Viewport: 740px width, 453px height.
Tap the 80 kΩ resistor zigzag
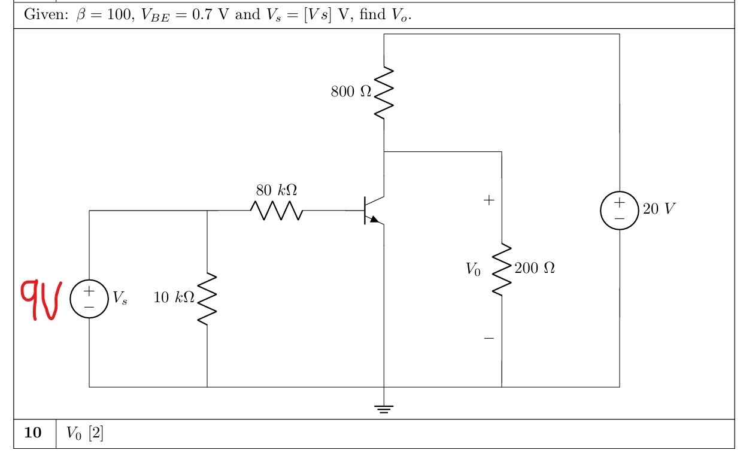[x=277, y=211]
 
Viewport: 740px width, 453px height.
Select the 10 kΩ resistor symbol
[x=207, y=299]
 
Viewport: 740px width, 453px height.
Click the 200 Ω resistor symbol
[x=501, y=269]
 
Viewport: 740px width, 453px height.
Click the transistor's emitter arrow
[x=374, y=220]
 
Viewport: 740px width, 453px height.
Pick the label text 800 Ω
[x=351, y=92]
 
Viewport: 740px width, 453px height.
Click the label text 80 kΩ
[x=277, y=190]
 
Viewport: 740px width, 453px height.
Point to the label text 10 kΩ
[x=174, y=297]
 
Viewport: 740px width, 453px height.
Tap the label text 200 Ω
[x=534, y=268]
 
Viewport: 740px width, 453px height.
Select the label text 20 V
[x=659, y=209]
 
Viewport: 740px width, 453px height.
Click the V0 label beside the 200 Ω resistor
[x=473, y=270]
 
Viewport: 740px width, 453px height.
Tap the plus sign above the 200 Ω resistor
[x=489, y=200]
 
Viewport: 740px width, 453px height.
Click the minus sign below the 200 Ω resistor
[x=489, y=339]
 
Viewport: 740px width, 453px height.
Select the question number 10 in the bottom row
[x=34, y=433]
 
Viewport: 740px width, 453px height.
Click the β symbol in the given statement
[x=81, y=15]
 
